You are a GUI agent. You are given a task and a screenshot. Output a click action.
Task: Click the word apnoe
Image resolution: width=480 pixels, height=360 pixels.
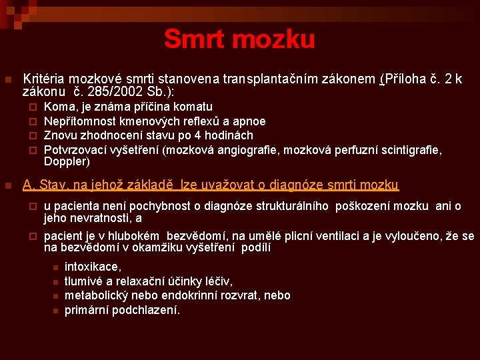pos(249,121)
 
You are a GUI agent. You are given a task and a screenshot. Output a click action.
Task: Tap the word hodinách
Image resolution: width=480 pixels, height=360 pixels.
pos(231,135)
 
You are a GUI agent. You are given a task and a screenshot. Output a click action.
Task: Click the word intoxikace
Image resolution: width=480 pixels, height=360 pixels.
pos(93,267)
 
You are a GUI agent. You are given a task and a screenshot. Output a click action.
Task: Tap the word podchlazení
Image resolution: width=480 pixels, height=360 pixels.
pos(147,310)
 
